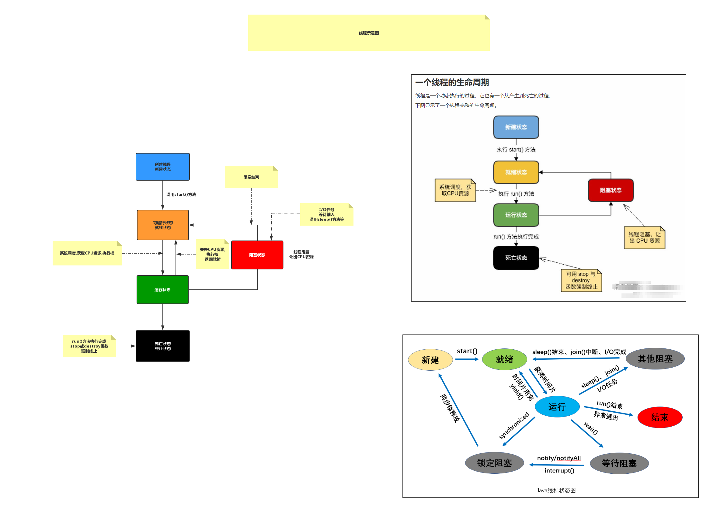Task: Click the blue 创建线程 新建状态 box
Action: point(162,167)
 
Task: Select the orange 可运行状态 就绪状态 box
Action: point(162,225)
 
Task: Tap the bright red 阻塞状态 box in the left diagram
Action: point(257,255)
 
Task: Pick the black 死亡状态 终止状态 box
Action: point(162,346)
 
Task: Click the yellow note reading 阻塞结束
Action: point(251,177)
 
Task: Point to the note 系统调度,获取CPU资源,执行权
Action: point(87,253)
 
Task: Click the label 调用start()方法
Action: point(181,195)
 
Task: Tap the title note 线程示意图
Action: point(369,33)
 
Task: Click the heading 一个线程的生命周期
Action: point(452,82)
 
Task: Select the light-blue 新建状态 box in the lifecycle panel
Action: point(516,127)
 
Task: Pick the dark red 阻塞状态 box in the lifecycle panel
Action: point(611,190)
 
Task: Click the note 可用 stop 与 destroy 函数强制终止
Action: point(581,280)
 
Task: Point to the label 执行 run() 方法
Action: point(516,194)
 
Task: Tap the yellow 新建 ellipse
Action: point(430,360)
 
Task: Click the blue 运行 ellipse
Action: point(557,407)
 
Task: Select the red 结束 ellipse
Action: point(660,417)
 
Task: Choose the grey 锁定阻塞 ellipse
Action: point(494,463)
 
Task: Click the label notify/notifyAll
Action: point(559,458)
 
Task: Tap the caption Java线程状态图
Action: point(556,490)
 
